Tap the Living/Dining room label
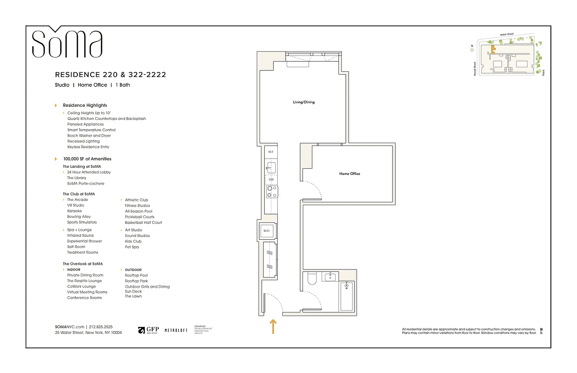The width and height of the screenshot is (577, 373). pos(303,102)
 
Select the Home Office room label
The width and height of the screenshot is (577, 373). pos(349,174)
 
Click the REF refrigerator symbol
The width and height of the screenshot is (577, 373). pos(271,152)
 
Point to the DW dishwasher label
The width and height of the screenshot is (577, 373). pos(271,180)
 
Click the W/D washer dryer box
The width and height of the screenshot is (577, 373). pos(267,231)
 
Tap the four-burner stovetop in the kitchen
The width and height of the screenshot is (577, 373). pos(271,191)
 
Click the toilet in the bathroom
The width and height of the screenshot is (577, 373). pos(312,279)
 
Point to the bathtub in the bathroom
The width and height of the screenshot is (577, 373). pos(347,296)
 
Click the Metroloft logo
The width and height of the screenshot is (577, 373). pos(176,330)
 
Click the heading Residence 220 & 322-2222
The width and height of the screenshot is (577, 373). pos(111,75)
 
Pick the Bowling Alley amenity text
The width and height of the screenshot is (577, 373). pos(79,217)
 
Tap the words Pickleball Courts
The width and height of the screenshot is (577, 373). pos(140,217)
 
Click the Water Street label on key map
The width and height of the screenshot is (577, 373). pos(506,35)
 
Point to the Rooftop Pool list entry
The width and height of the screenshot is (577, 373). pos(136,276)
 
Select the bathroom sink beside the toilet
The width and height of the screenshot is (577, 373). pos(331,277)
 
